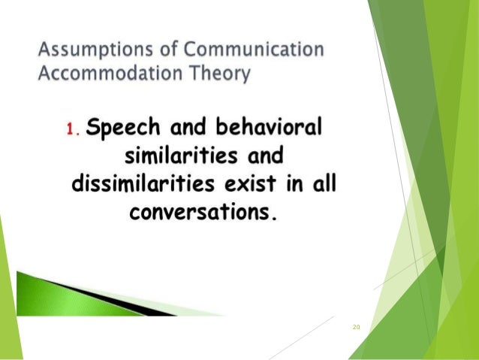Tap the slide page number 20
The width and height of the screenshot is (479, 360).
(x=356, y=327)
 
